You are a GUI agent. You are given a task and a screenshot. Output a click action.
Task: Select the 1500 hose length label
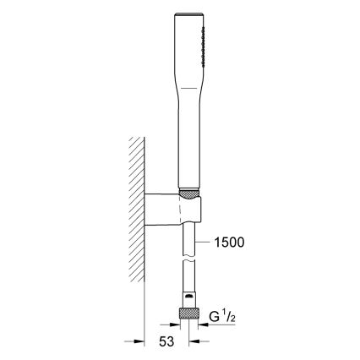(x=228, y=243)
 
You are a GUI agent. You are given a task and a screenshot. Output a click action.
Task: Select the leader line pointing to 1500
(x=204, y=243)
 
